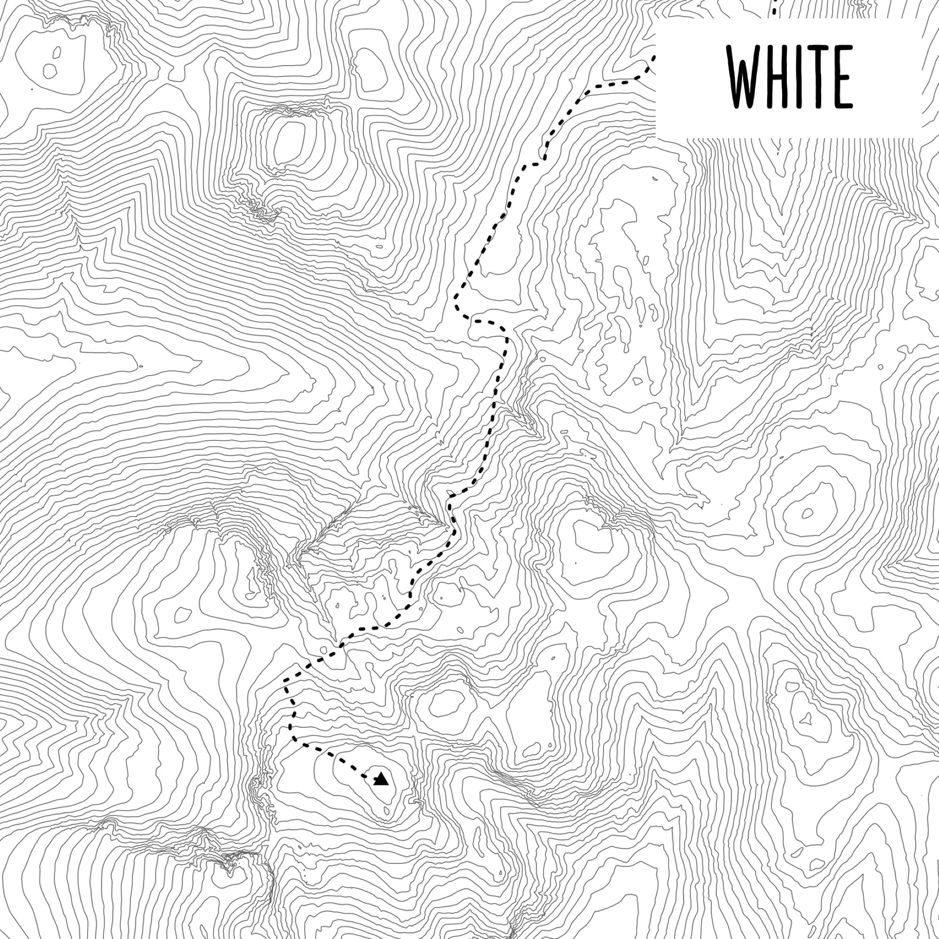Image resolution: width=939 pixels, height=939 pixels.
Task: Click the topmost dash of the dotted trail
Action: [x=775, y=4]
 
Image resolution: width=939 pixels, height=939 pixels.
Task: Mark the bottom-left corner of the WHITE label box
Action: [x=657, y=138]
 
